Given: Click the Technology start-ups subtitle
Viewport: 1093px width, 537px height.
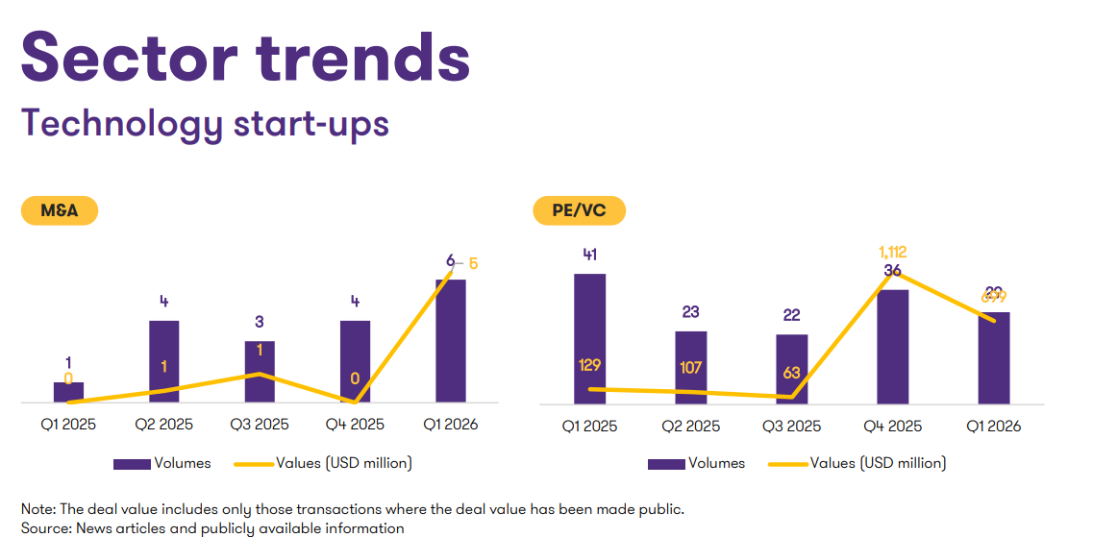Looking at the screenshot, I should pos(205,124).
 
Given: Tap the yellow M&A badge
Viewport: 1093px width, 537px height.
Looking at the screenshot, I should pos(60,210).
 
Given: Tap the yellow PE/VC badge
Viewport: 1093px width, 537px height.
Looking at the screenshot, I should pos(579,210).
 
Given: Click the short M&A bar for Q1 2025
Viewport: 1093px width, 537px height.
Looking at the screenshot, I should pos(68,392).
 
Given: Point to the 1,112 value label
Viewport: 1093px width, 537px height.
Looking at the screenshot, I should pos(893,253).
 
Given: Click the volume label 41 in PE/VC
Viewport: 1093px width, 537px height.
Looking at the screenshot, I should pos(590,255).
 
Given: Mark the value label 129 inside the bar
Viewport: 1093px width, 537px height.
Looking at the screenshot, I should pos(590,365).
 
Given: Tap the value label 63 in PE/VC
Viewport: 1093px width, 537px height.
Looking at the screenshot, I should pos(792,373).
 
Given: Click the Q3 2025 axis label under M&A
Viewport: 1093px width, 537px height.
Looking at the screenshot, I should pos(260,424).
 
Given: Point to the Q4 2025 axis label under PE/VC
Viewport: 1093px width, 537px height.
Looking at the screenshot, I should pos(893,426).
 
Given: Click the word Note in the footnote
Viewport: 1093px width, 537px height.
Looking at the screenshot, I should pos(37,508).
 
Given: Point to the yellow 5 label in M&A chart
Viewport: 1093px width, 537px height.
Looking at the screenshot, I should pos(473,262).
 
